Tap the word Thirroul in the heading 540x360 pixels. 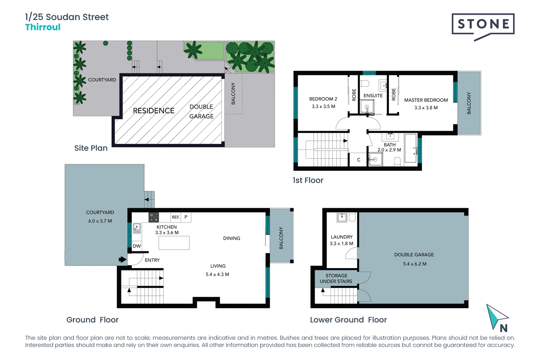[x=43, y=27]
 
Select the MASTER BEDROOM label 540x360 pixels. [x=426, y=100]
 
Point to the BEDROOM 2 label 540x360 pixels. [x=323, y=99]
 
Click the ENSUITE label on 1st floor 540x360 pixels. [x=373, y=96]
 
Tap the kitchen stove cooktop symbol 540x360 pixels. [x=154, y=217]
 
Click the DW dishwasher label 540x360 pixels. [x=137, y=246]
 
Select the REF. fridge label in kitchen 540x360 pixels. [x=175, y=217]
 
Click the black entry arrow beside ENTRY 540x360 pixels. [x=123, y=259]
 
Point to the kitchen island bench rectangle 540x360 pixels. [x=174, y=243]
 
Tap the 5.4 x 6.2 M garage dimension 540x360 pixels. [x=414, y=264]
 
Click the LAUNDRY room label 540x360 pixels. [x=341, y=237]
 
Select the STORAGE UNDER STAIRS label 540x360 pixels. [x=336, y=278]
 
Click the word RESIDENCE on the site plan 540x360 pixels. [x=153, y=111]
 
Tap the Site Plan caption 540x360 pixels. [x=91, y=148]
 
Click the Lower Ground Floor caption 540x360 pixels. [x=348, y=320]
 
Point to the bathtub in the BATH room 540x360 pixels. [x=410, y=148]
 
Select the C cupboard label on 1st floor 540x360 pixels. [x=359, y=160]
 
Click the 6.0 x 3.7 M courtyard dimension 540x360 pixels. [x=100, y=221]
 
